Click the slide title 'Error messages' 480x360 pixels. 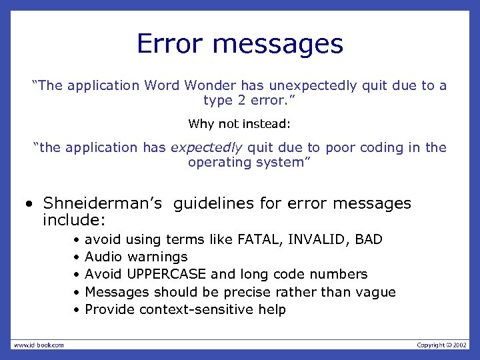240,45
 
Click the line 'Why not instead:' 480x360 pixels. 240,124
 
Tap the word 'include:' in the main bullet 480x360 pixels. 75,219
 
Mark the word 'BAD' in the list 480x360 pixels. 369,239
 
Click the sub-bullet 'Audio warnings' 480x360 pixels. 136,257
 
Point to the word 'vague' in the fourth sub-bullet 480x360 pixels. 377,292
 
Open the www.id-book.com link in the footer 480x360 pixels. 39,345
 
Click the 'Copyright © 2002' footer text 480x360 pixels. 442,345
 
